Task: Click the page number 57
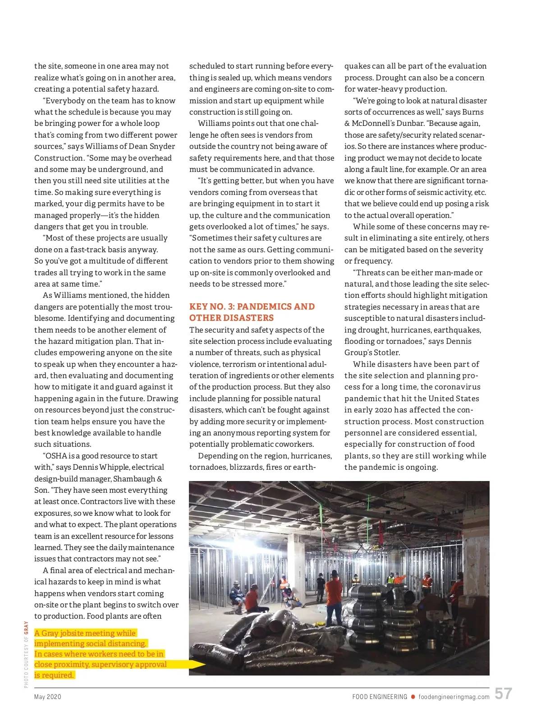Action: [503, 694]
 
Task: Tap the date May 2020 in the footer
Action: [48, 697]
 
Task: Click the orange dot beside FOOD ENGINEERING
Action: [413, 697]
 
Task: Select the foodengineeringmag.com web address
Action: [454, 697]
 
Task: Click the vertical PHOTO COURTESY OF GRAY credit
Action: [26, 654]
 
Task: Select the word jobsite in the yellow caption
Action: [78, 633]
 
